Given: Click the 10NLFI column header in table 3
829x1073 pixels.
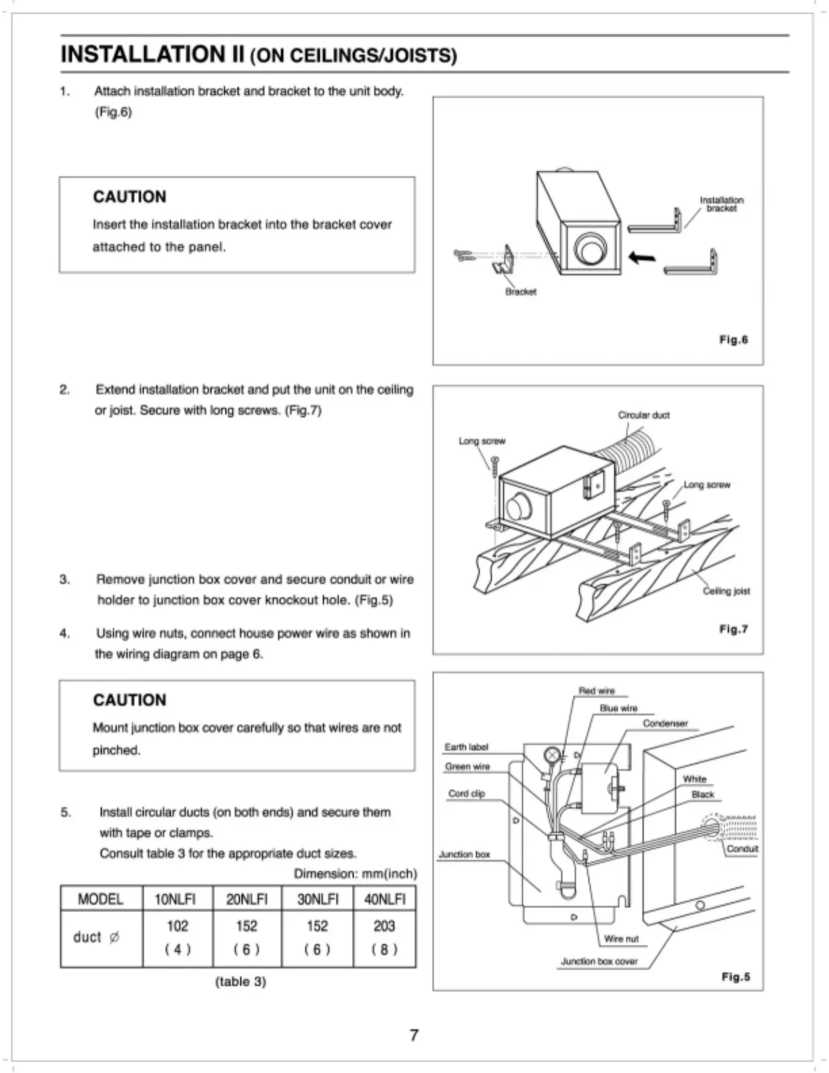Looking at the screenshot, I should (x=175, y=899).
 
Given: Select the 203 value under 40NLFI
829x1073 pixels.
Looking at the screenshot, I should (x=384, y=926).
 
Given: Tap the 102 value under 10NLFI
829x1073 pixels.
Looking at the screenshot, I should (x=177, y=926).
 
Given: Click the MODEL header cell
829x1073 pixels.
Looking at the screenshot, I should (x=101, y=899).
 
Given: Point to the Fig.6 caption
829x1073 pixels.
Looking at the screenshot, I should (x=734, y=339).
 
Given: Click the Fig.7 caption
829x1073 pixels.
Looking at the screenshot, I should (x=734, y=629).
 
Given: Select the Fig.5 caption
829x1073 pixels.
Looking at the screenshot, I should (x=736, y=977).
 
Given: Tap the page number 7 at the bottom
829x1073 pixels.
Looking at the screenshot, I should (x=414, y=1034).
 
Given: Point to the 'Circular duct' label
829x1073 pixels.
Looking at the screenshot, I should (x=643, y=415).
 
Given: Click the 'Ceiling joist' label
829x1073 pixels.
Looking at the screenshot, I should (x=726, y=591).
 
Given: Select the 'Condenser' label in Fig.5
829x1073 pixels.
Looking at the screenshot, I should (x=665, y=723).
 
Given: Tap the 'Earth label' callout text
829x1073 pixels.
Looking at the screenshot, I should (x=466, y=746).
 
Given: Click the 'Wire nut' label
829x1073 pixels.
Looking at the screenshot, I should (x=621, y=939).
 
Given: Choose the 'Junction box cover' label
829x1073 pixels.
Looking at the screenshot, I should (x=599, y=961).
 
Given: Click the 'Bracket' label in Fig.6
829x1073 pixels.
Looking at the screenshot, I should (x=520, y=292).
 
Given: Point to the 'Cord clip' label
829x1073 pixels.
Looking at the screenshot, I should (x=467, y=793).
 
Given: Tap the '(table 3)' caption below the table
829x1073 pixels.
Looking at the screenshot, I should (x=240, y=981).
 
